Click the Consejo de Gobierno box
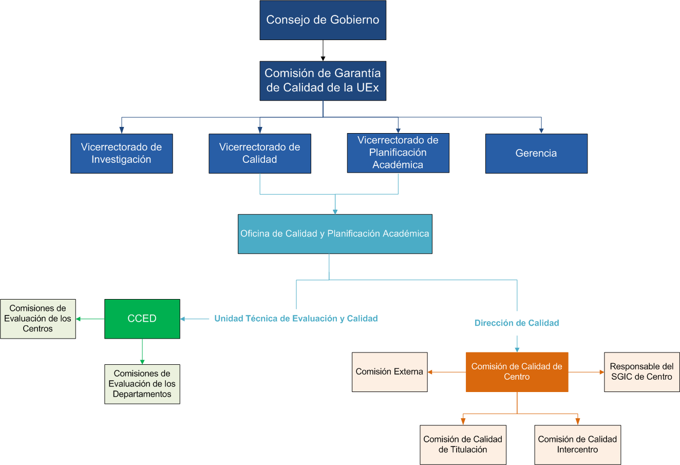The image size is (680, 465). coord(323,20)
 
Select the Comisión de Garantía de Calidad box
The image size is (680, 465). coord(323,81)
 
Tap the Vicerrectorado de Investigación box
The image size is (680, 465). coord(121,153)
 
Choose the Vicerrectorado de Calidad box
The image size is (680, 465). coord(259,153)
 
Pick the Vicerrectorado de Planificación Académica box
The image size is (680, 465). coord(398,153)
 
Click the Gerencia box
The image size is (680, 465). coord(536,153)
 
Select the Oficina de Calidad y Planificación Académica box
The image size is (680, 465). coord(335,234)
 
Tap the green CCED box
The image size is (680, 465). coord(142,319)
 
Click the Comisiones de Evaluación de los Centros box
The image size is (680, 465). coord(38,319)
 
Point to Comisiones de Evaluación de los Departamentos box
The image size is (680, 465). coord(142,384)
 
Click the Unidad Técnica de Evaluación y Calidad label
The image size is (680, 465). coord(296,319)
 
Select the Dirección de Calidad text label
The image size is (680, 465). coord(517,323)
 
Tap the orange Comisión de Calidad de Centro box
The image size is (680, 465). coord(517,372)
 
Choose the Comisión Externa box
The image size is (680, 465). coord(389,372)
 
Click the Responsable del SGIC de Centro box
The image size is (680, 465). coord(641,372)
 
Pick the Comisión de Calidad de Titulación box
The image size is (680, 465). coord(463,444)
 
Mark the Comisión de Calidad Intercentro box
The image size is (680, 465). coord(577,444)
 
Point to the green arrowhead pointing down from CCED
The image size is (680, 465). coord(142,362)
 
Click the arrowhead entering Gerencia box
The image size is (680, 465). coord(541,131)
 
